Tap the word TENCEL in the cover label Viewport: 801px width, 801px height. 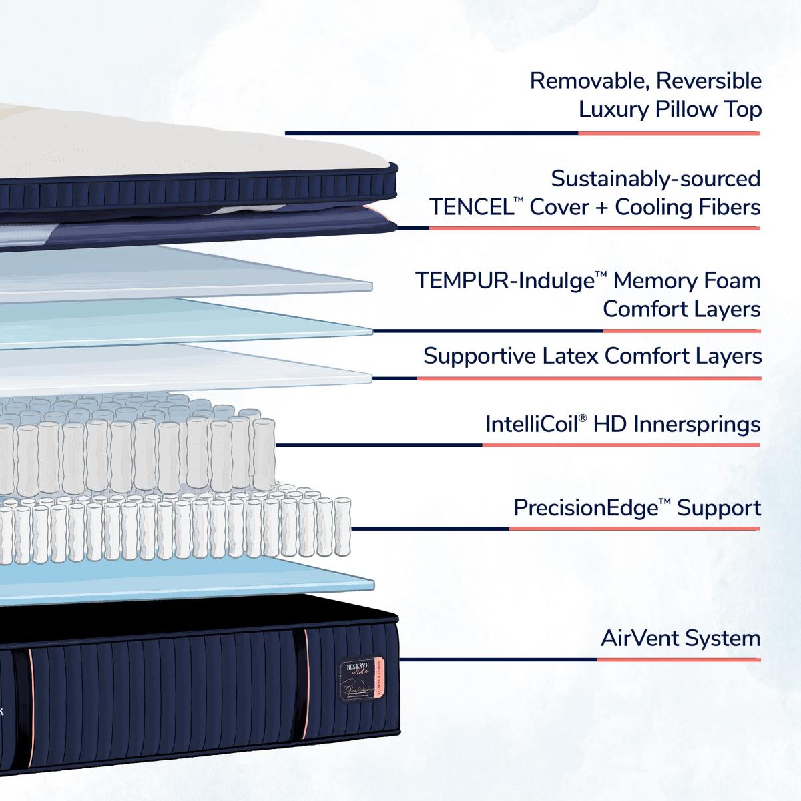click(x=470, y=207)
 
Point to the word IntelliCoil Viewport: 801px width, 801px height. click(x=532, y=424)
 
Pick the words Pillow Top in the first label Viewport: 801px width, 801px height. click(x=709, y=109)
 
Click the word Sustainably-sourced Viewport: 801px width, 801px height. click(x=655, y=178)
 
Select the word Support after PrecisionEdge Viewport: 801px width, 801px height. click(x=719, y=509)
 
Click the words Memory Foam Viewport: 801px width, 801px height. click(x=687, y=281)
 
